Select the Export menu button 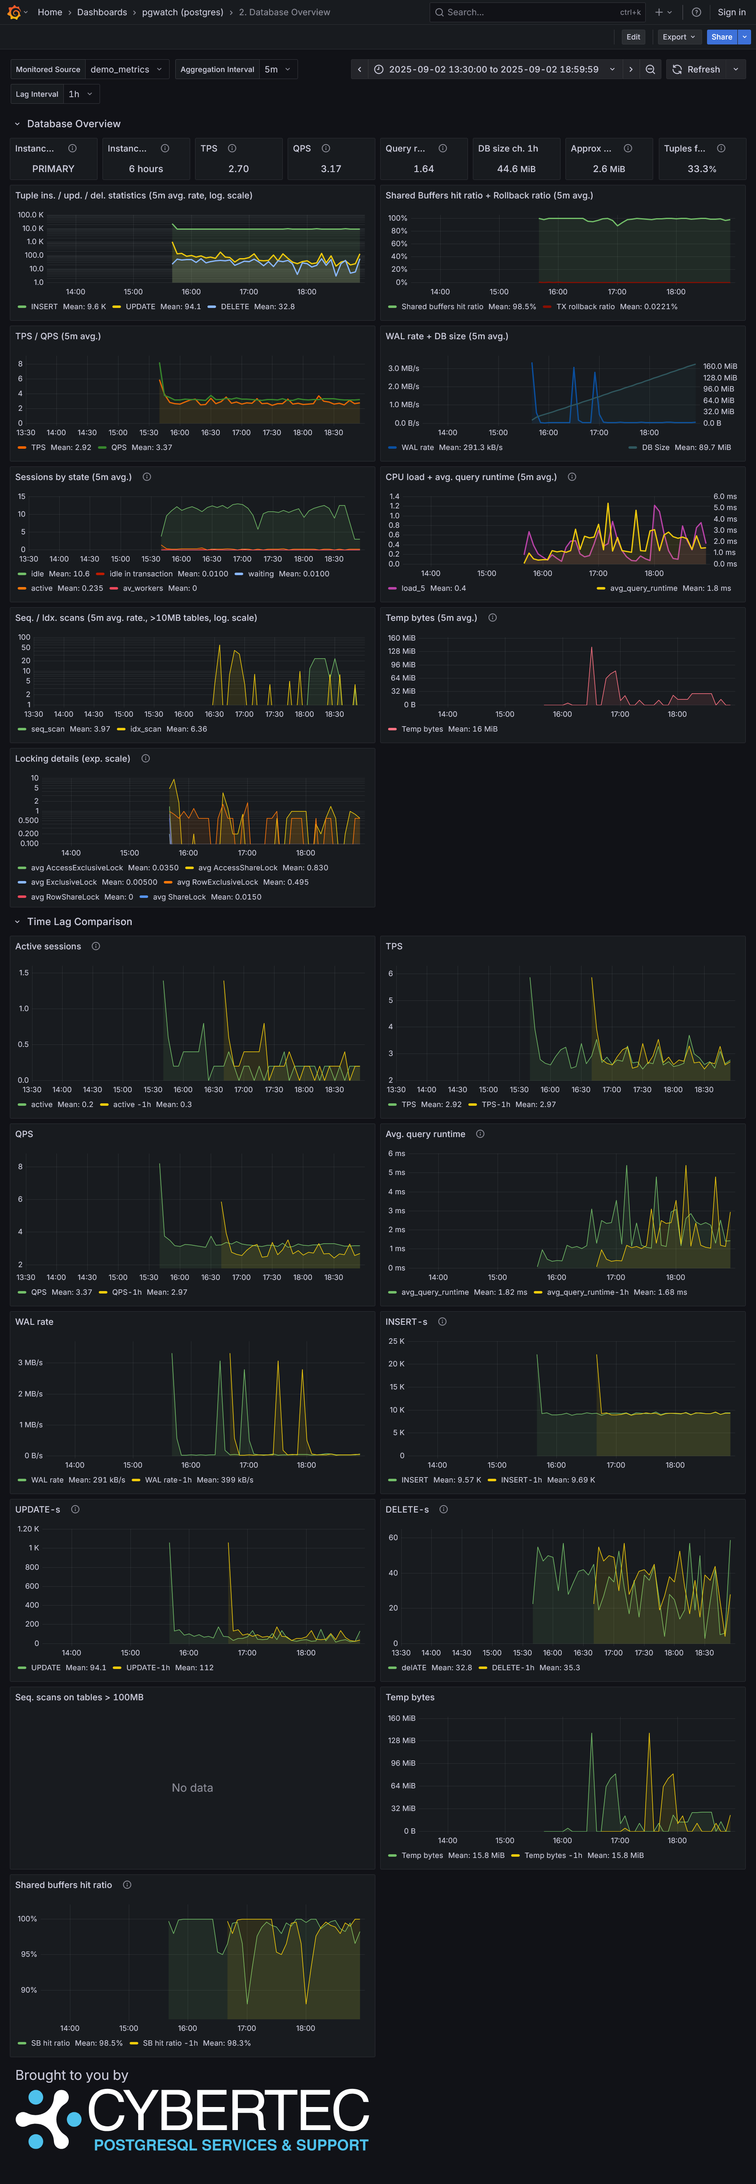tap(678, 37)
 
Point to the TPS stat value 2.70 tap(238, 169)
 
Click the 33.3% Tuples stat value tap(702, 169)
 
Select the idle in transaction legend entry tap(141, 574)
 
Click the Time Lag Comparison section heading tap(80, 922)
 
